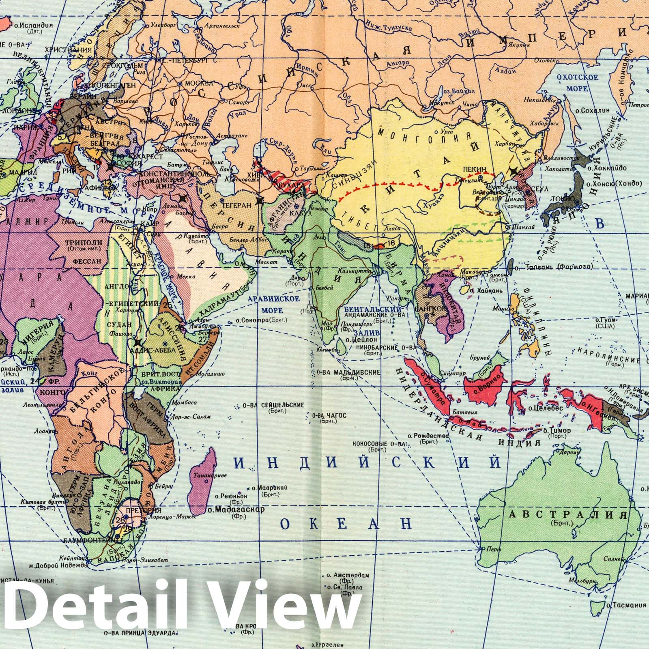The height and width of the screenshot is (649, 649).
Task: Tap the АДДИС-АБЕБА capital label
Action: (x=157, y=350)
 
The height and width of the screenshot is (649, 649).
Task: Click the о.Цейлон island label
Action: (x=359, y=340)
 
